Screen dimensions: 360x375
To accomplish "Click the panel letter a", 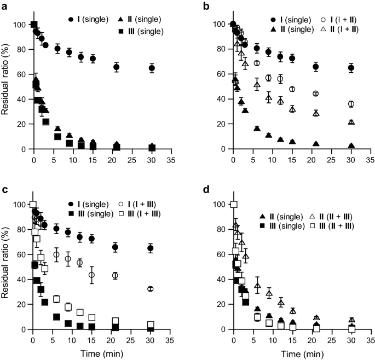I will (4, 5).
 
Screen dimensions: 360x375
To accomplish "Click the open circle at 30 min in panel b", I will (351, 104).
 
